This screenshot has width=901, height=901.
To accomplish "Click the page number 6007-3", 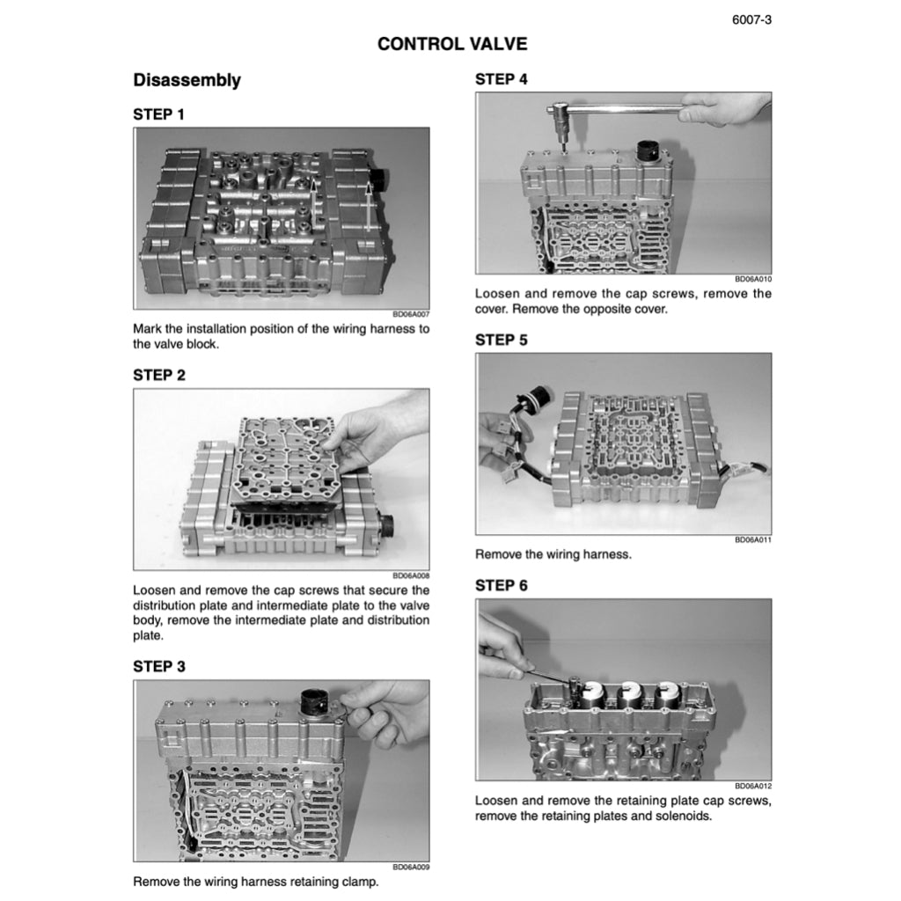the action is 751,20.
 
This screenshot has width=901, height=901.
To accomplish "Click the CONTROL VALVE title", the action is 452,44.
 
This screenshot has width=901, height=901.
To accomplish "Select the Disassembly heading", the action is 187,80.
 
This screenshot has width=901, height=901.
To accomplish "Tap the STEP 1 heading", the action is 158,114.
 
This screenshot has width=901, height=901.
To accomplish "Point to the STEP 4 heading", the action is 501,79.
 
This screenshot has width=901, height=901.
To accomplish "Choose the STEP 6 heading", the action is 501,585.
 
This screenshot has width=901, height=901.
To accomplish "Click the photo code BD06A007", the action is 411,314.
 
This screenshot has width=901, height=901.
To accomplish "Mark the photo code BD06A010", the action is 753,279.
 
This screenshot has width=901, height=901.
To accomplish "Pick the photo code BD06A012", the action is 753,786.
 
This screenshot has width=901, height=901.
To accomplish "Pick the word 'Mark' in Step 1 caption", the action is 147,329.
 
